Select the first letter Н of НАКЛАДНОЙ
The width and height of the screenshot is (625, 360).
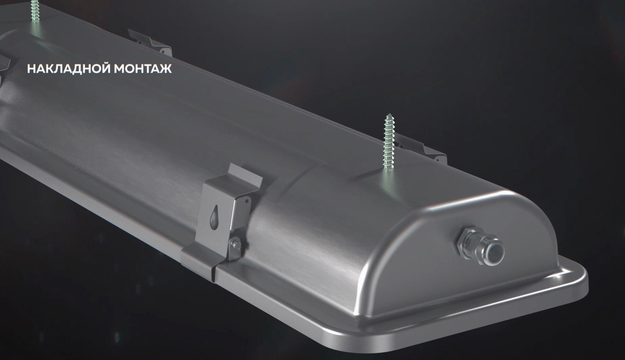tap(30, 68)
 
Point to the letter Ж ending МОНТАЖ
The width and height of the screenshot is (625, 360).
tap(166, 68)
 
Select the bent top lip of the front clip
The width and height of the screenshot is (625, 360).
tap(245, 174)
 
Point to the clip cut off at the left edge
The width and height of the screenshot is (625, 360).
tap(4, 64)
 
